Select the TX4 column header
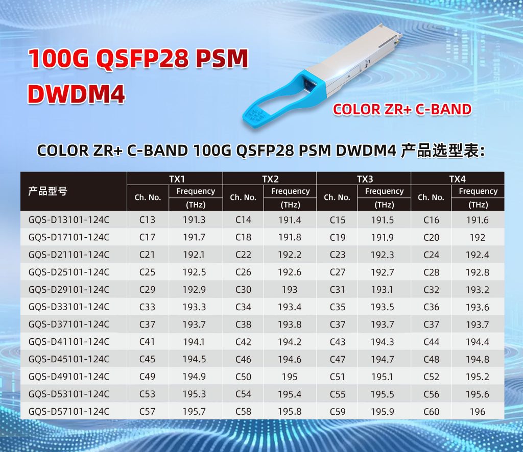(x=457, y=179)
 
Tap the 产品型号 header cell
(x=47, y=192)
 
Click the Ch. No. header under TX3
(x=337, y=197)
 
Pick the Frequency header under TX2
(x=290, y=191)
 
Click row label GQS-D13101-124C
(x=69, y=220)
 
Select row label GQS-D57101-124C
(x=69, y=411)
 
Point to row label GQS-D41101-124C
(x=69, y=342)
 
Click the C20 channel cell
(x=431, y=238)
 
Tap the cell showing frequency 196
(x=477, y=412)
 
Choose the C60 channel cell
(x=431, y=412)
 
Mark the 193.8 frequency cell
(x=290, y=324)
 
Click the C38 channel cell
(x=243, y=324)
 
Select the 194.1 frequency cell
(x=194, y=342)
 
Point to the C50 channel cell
(x=243, y=376)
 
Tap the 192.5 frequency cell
(x=194, y=272)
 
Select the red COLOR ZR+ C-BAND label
(x=402, y=109)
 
